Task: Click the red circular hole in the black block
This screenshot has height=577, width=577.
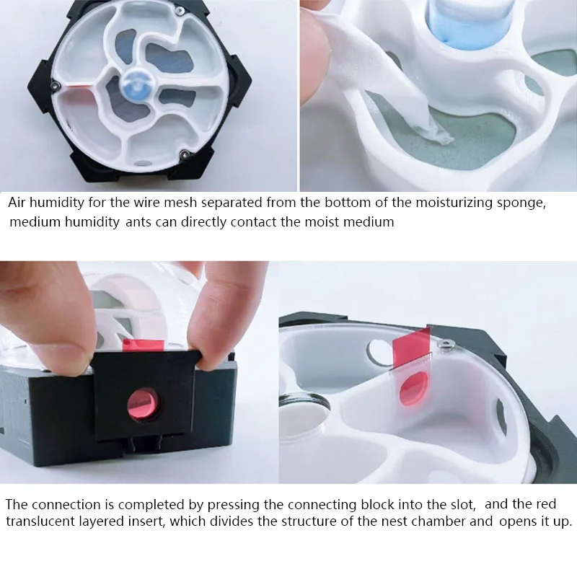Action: click(143, 403)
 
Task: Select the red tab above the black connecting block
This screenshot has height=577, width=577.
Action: click(144, 345)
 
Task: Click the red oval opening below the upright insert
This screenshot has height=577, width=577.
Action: click(414, 388)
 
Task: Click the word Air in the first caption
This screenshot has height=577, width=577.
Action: click(17, 203)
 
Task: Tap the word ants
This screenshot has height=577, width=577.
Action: click(138, 222)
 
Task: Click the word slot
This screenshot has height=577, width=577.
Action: click(463, 504)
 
